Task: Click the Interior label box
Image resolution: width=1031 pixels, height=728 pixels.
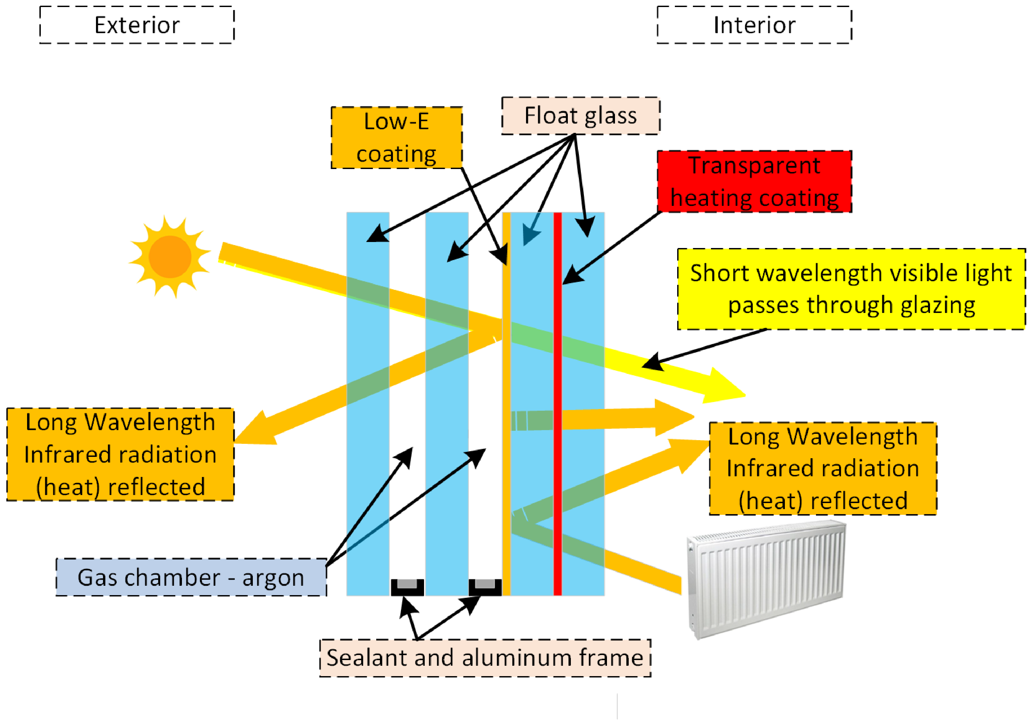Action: click(754, 25)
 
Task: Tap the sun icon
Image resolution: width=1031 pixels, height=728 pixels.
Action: click(170, 257)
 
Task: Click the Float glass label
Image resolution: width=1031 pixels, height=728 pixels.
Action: click(580, 116)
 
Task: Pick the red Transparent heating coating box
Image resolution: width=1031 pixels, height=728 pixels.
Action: click(754, 181)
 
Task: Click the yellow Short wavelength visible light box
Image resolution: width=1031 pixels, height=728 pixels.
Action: click(851, 289)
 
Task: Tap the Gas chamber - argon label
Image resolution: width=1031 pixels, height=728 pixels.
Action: click(191, 577)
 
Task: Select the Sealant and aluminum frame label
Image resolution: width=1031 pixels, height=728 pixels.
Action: click(485, 658)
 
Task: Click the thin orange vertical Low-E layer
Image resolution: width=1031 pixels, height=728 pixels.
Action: click(506, 450)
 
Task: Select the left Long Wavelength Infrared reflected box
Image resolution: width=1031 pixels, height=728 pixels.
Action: click(120, 454)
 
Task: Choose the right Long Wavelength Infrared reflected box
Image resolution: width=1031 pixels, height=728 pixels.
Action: click(823, 468)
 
